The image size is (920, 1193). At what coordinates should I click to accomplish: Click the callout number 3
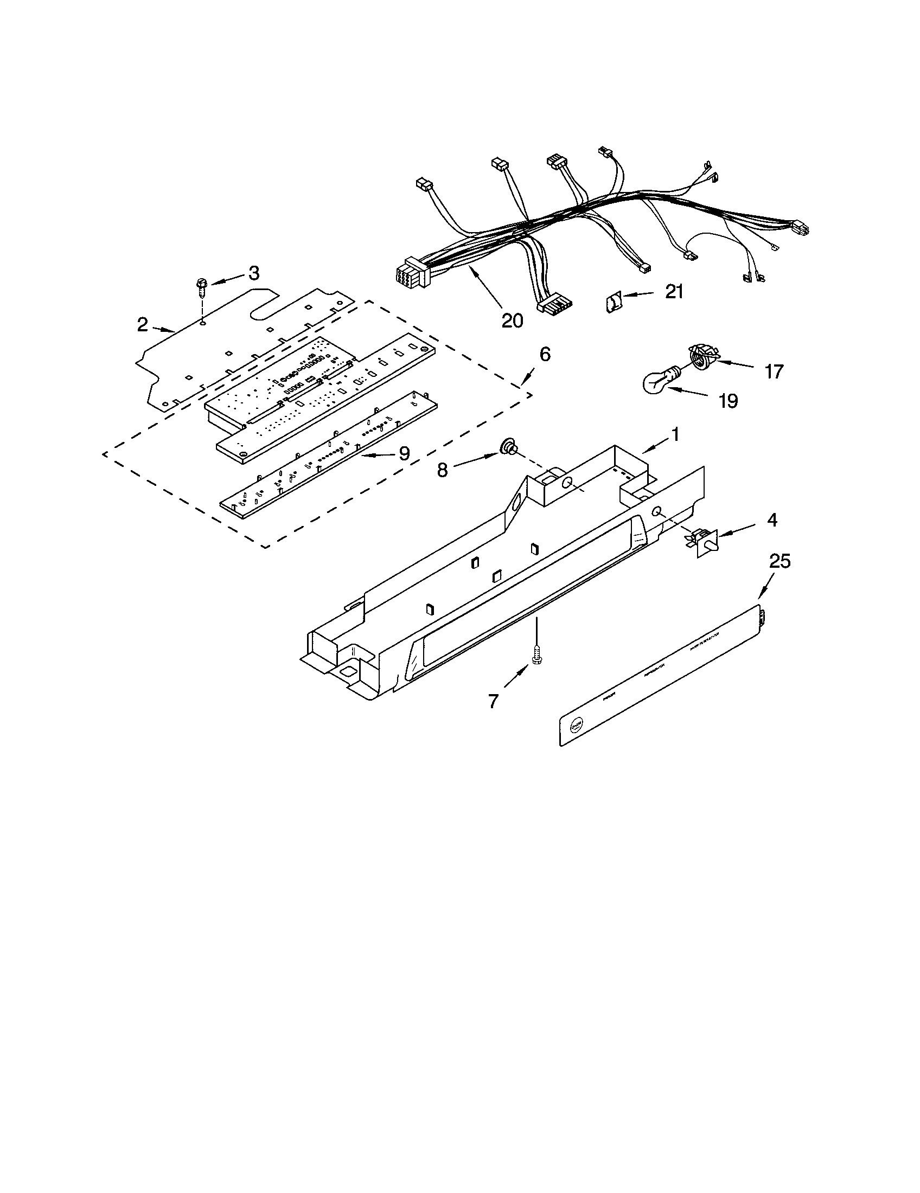pos(254,273)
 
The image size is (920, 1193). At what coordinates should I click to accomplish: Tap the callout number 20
pos(512,320)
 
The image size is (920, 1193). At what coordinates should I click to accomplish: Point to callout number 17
pos(774,372)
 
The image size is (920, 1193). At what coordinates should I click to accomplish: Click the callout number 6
pos(545,355)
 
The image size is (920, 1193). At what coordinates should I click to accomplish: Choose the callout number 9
pos(404,453)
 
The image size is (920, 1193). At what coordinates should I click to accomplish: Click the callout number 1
pos(675,435)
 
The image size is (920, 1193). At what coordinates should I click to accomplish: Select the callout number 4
pos(772,520)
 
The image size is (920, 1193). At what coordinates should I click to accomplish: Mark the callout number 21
pos(675,292)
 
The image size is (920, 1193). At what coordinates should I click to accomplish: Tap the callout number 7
pos(493,701)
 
